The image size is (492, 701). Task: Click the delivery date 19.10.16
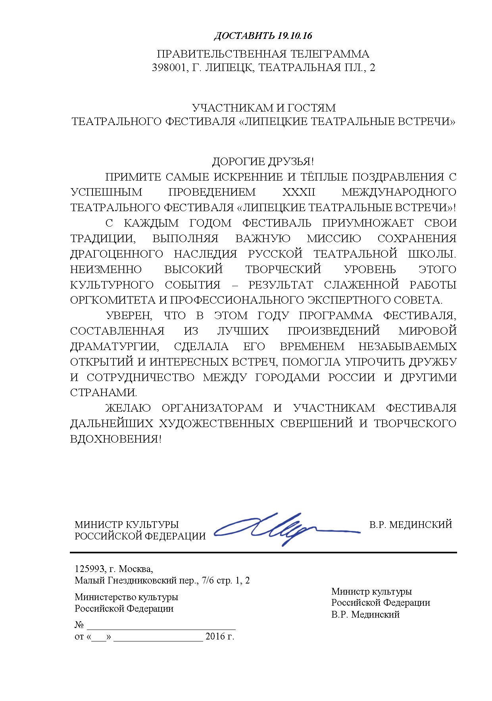(295, 36)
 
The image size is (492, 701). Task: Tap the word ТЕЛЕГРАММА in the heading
(329, 54)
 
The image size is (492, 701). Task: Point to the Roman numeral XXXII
(298, 192)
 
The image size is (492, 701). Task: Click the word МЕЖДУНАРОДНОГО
(399, 192)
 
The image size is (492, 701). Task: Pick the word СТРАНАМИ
(103, 393)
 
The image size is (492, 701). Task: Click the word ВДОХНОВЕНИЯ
(115, 439)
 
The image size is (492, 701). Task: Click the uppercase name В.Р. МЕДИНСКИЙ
(411, 525)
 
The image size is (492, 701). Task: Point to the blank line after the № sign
(161, 626)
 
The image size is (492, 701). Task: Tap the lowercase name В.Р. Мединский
(365, 614)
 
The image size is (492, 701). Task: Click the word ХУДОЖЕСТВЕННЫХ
(216, 424)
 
